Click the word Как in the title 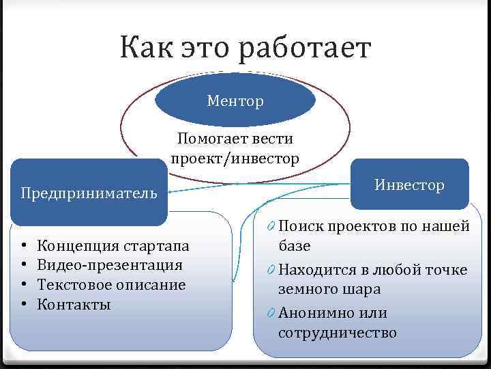[x=145, y=49]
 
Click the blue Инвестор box [x=409, y=184]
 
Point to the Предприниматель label [x=89, y=193]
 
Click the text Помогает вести [x=235, y=139]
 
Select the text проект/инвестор [x=235, y=159]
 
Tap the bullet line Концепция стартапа [x=113, y=245]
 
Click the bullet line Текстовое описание [x=111, y=284]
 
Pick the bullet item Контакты [x=74, y=304]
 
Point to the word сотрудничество [x=337, y=333]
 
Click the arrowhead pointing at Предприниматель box [x=173, y=192]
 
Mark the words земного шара [x=329, y=289]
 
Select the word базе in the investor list [x=295, y=245]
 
